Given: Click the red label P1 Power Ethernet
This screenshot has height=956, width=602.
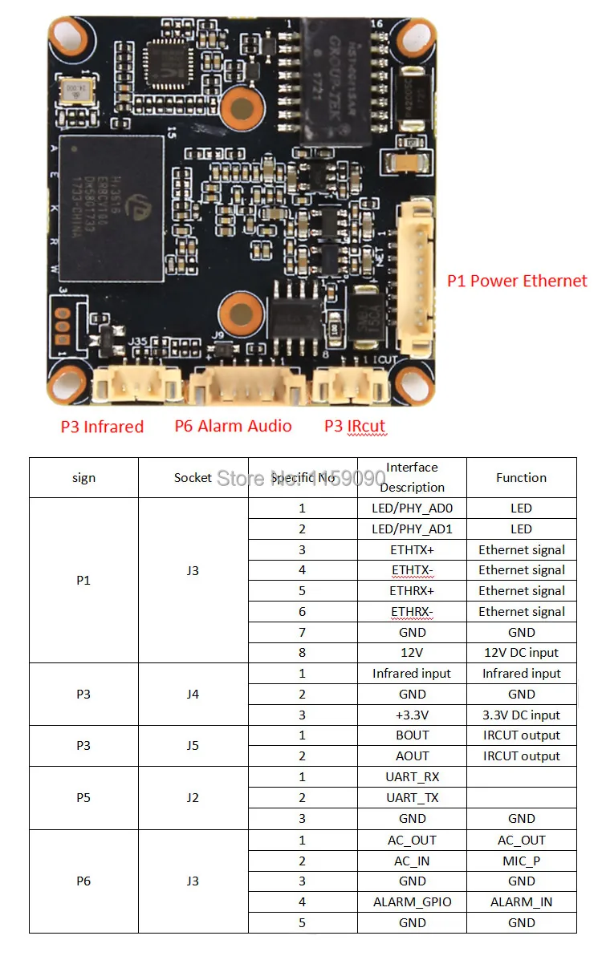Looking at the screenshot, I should coord(517,281).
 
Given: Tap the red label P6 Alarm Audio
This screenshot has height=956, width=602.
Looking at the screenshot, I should coord(233,426).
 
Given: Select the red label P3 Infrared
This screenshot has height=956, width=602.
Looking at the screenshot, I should coord(102,427).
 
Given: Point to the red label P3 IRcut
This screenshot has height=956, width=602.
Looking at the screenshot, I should coord(355,426).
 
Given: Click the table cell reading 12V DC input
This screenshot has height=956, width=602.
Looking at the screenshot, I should coord(521,653).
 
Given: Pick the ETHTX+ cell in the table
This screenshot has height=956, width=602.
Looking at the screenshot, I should coord(412,549).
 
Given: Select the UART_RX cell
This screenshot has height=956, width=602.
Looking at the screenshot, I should coord(412,776).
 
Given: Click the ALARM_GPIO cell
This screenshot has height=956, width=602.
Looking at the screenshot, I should coord(412,901).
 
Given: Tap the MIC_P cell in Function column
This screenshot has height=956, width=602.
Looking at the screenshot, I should coord(521,861).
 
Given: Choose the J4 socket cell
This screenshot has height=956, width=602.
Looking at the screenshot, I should coord(193,694).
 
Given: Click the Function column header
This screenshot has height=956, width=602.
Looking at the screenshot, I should coord(521,477).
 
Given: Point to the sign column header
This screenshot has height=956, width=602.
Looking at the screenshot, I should coord(83,477).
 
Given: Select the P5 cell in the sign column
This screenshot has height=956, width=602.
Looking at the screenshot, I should coord(83,797).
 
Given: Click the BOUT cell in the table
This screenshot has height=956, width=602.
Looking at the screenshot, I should coord(412,735).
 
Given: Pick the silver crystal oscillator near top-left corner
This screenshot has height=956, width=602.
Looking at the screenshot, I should coord(78,90).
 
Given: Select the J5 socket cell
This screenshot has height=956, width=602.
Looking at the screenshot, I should coord(193,745).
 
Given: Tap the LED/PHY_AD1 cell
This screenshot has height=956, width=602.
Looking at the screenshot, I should coord(412,529).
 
